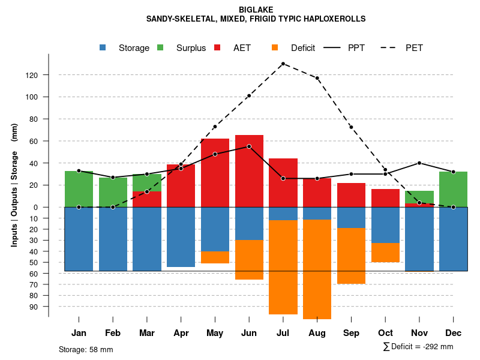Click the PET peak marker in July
point(283,64)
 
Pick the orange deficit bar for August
point(317,270)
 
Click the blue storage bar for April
point(181,237)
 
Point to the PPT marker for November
point(419,163)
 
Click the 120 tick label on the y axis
point(49,75)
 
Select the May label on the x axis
point(215,333)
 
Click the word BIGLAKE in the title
point(256,10)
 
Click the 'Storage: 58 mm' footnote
point(86,349)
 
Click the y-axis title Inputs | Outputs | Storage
point(14,185)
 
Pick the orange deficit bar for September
point(351,256)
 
